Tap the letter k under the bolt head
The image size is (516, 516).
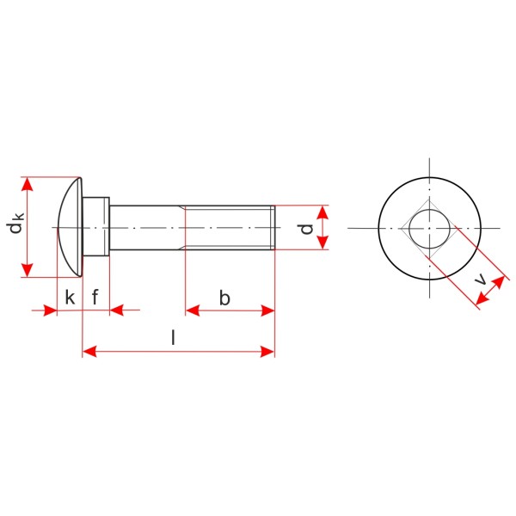point(70,298)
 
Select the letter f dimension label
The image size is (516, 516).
point(95,297)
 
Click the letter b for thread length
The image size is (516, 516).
point(224,298)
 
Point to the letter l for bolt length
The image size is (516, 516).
point(173,337)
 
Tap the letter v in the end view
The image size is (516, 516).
point(481,279)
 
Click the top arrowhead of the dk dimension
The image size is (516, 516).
point(28,184)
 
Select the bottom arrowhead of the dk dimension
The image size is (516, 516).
point(28,270)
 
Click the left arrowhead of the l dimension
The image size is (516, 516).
point(89,352)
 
